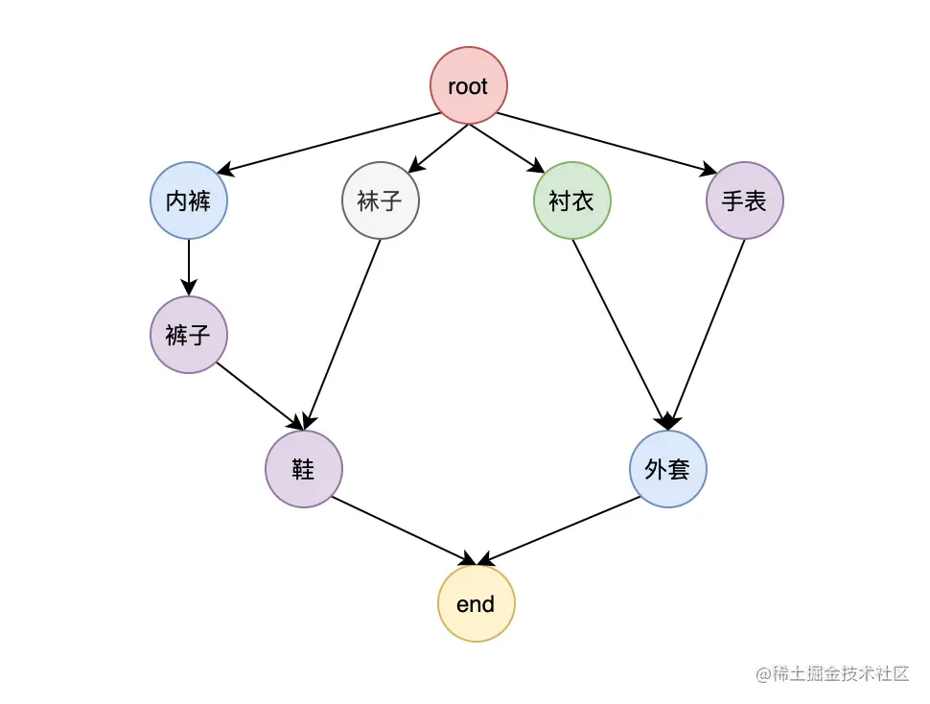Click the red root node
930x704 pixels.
pyautogui.click(x=468, y=86)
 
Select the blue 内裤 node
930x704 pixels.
pyautogui.click(x=189, y=200)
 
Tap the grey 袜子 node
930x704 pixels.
pyautogui.click(x=381, y=200)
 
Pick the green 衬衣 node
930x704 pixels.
pyautogui.click(x=571, y=200)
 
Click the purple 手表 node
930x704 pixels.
pyautogui.click(x=745, y=200)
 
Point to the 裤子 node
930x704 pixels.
pyautogui.click(x=189, y=335)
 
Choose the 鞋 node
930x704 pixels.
pyautogui.click(x=304, y=469)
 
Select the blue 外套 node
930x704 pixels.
pyautogui.click(x=668, y=469)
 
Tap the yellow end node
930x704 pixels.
pyautogui.click(x=477, y=603)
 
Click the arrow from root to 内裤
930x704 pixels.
pyautogui.click(x=331, y=143)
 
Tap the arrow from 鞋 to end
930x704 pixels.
pyautogui.click(x=403, y=530)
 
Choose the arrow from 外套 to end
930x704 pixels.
pyautogui.click(x=560, y=530)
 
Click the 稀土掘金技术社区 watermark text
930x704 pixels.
pyautogui.click(x=832, y=674)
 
